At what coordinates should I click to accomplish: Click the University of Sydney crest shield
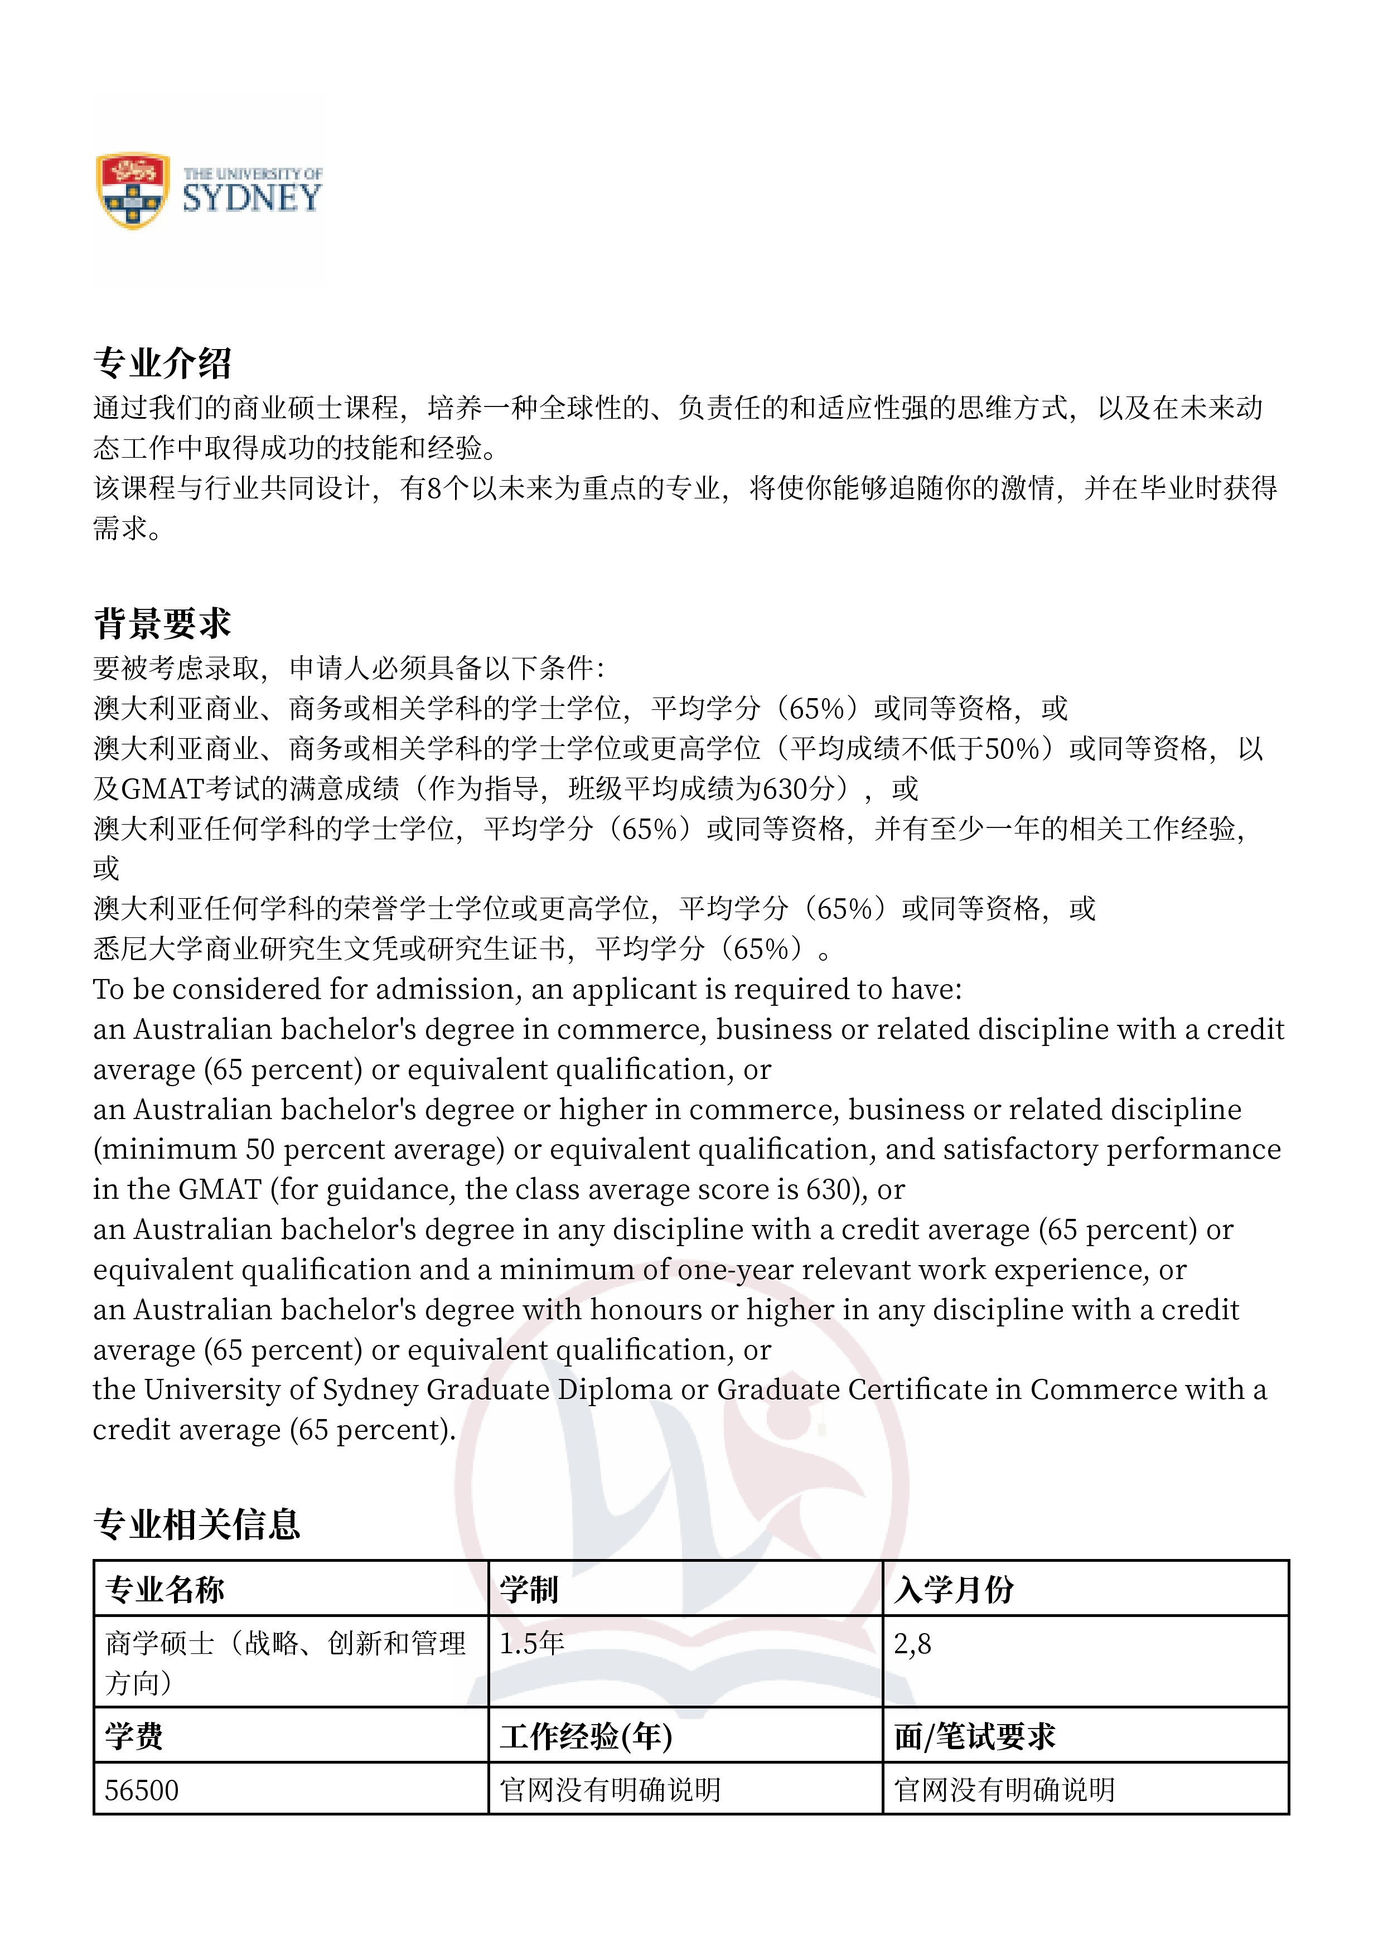click(132, 191)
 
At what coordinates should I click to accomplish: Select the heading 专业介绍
click(162, 363)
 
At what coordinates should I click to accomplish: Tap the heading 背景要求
click(162, 623)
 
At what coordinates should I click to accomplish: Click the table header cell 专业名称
click(165, 1590)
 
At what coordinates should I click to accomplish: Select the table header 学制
click(529, 1590)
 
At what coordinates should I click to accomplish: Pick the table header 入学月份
click(954, 1590)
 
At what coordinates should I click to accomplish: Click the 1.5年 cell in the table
click(531, 1643)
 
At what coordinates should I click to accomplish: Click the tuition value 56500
click(142, 1790)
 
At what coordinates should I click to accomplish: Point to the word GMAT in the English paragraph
click(220, 1189)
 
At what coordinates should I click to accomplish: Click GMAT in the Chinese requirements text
click(162, 789)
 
